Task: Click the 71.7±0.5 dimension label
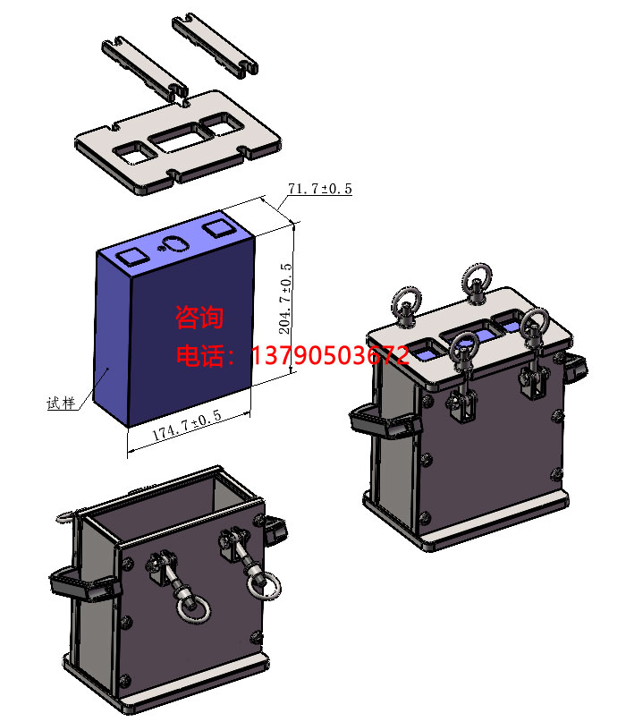(x=320, y=188)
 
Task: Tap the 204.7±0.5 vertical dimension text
(x=285, y=299)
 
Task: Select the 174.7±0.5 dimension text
(x=187, y=425)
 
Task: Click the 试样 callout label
(x=61, y=403)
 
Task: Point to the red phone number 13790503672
(x=330, y=355)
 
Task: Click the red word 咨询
(x=199, y=318)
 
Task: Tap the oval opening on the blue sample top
(x=174, y=243)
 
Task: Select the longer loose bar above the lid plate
(x=145, y=69)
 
